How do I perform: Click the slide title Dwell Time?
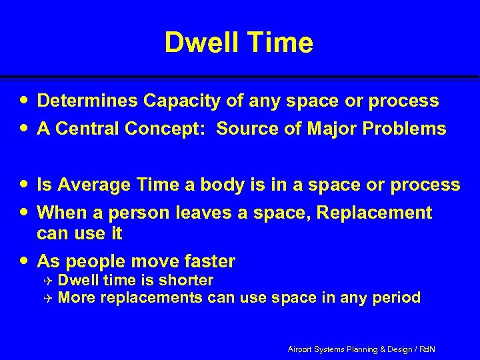tap(238, 43)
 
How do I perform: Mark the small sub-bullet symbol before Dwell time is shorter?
tap(48, 281)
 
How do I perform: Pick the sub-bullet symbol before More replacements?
tap(48, 297)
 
